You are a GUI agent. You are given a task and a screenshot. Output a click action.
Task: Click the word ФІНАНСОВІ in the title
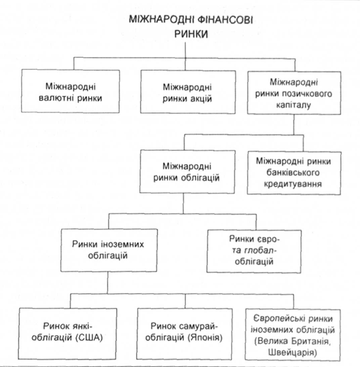pos(225,20)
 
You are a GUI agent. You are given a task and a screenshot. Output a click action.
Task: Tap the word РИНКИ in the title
pos(191,34)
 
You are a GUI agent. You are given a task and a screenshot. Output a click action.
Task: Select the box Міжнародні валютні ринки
pos(70,91)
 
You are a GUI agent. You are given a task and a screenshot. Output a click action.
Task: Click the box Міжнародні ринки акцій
pos(188,92)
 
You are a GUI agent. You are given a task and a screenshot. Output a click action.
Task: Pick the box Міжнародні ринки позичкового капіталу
pos(294,93)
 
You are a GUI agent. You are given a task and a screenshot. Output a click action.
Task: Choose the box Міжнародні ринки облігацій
pos(187,172)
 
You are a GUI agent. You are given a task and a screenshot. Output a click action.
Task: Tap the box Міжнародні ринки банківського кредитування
pos(294,173)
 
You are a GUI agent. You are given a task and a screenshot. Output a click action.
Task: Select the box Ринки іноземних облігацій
pos(109,250)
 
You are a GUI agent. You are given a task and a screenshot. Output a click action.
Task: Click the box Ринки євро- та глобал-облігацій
pos(254,251)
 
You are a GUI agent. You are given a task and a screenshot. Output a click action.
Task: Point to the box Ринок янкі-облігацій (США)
pos(68,334)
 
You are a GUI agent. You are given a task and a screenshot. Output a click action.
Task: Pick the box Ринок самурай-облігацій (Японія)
pos(185,334)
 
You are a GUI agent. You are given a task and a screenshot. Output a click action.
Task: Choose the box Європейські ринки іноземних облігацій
pos(293,334)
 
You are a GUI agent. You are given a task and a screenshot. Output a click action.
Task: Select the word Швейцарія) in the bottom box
pos(293,352)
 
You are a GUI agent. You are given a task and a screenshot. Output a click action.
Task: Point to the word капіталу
pos(294,105)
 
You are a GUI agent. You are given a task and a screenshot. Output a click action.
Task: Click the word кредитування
pos(293,184)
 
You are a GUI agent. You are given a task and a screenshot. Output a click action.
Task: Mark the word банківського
pos(293,173)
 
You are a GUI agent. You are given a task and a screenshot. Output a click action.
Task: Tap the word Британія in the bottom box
pos(310,341)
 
